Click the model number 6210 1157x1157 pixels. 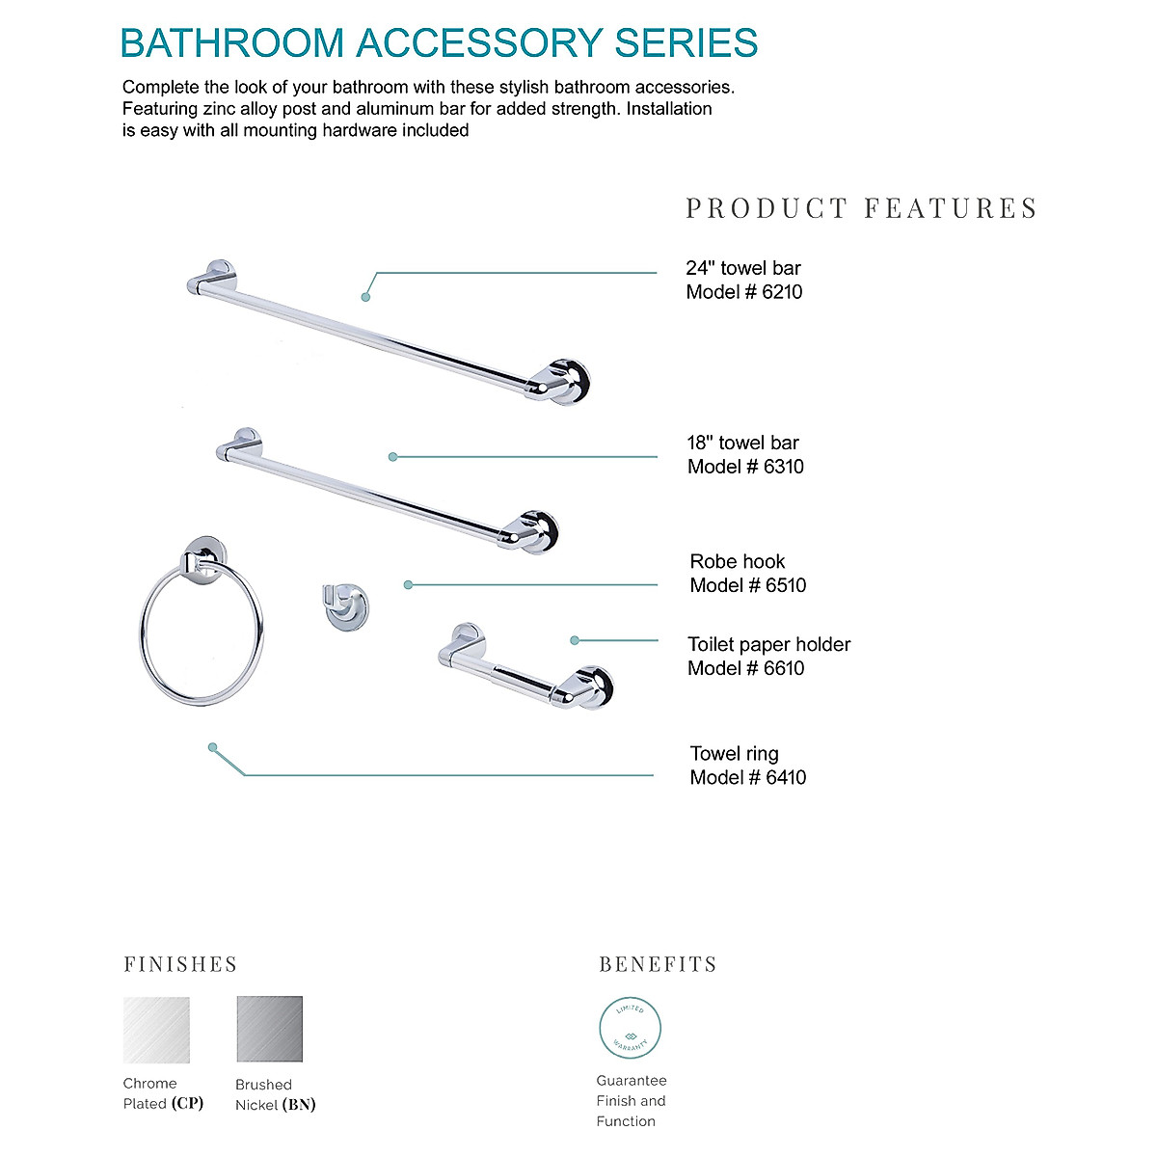click(x=782, y=292)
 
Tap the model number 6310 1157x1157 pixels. click(x=783, y=467)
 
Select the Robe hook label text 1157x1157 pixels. click(x=738, y=561)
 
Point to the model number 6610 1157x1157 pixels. click(x=784, y=668)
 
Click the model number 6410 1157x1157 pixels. click(x=786, y=777)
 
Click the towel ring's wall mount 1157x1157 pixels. click(x=206, y=557)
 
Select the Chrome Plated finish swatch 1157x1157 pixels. click(x=156, y=1030)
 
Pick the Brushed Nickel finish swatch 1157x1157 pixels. click(x=270, y=1030)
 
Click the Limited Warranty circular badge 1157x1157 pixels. click(x=631, y=1028)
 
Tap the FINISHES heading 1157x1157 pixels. click(x=180, y=964)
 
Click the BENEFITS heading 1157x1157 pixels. click(x=658, y=964)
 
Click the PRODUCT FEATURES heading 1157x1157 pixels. click(x=861, y=208)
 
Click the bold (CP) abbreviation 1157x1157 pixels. click(x=187, y=1103)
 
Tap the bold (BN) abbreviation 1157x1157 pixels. click(x=299, y=1105)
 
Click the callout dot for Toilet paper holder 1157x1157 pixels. click(x=575, y=640)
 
